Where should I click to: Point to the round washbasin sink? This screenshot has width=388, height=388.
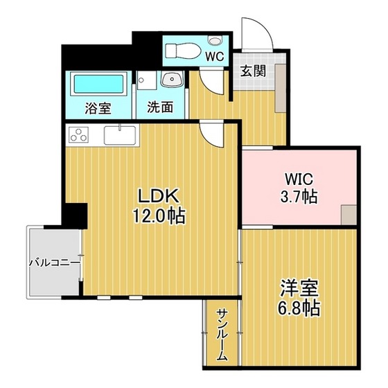click(x=170, y=81)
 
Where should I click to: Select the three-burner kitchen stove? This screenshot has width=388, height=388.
click(x=80, y=134)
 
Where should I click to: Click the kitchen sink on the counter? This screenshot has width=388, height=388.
click(x=121, y=134)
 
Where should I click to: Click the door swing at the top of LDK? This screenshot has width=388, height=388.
click(x=211, y=134)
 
